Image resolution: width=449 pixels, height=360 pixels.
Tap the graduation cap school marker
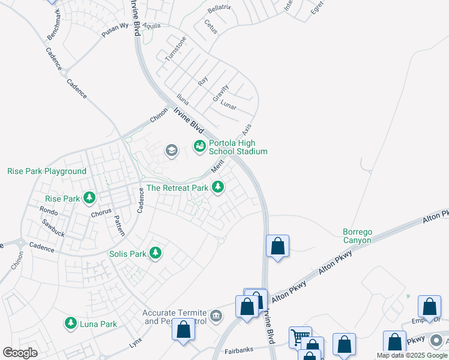171,150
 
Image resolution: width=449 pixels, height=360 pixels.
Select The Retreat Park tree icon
218,188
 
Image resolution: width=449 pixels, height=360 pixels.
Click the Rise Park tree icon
89,198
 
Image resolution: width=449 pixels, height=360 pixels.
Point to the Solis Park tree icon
155,253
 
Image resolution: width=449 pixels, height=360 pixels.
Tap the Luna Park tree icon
71,324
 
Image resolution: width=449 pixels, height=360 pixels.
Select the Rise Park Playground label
47,171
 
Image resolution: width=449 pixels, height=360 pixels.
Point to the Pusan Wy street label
115,31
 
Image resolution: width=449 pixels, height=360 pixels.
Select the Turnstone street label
176,48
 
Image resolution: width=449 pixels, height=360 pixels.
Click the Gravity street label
220,94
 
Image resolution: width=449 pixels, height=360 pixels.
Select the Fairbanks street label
239,350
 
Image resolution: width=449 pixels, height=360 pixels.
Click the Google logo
20,353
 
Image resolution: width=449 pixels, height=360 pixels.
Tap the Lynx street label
136,344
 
